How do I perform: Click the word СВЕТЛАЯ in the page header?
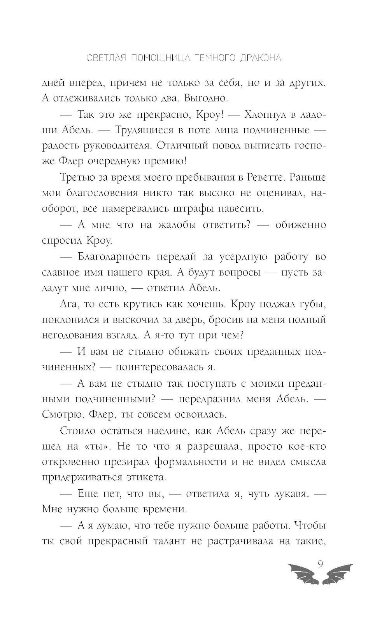coord(105,58)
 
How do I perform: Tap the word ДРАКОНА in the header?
coord(261,58)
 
